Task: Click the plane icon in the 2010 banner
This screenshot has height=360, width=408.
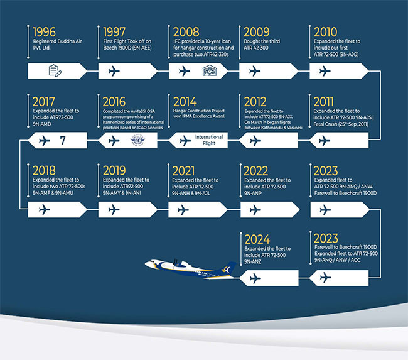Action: point(325,71)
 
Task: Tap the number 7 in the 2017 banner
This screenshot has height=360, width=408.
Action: point(63,140)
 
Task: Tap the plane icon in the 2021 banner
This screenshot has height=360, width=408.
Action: point(184,209)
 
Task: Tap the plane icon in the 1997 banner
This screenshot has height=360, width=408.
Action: point(114,71)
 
